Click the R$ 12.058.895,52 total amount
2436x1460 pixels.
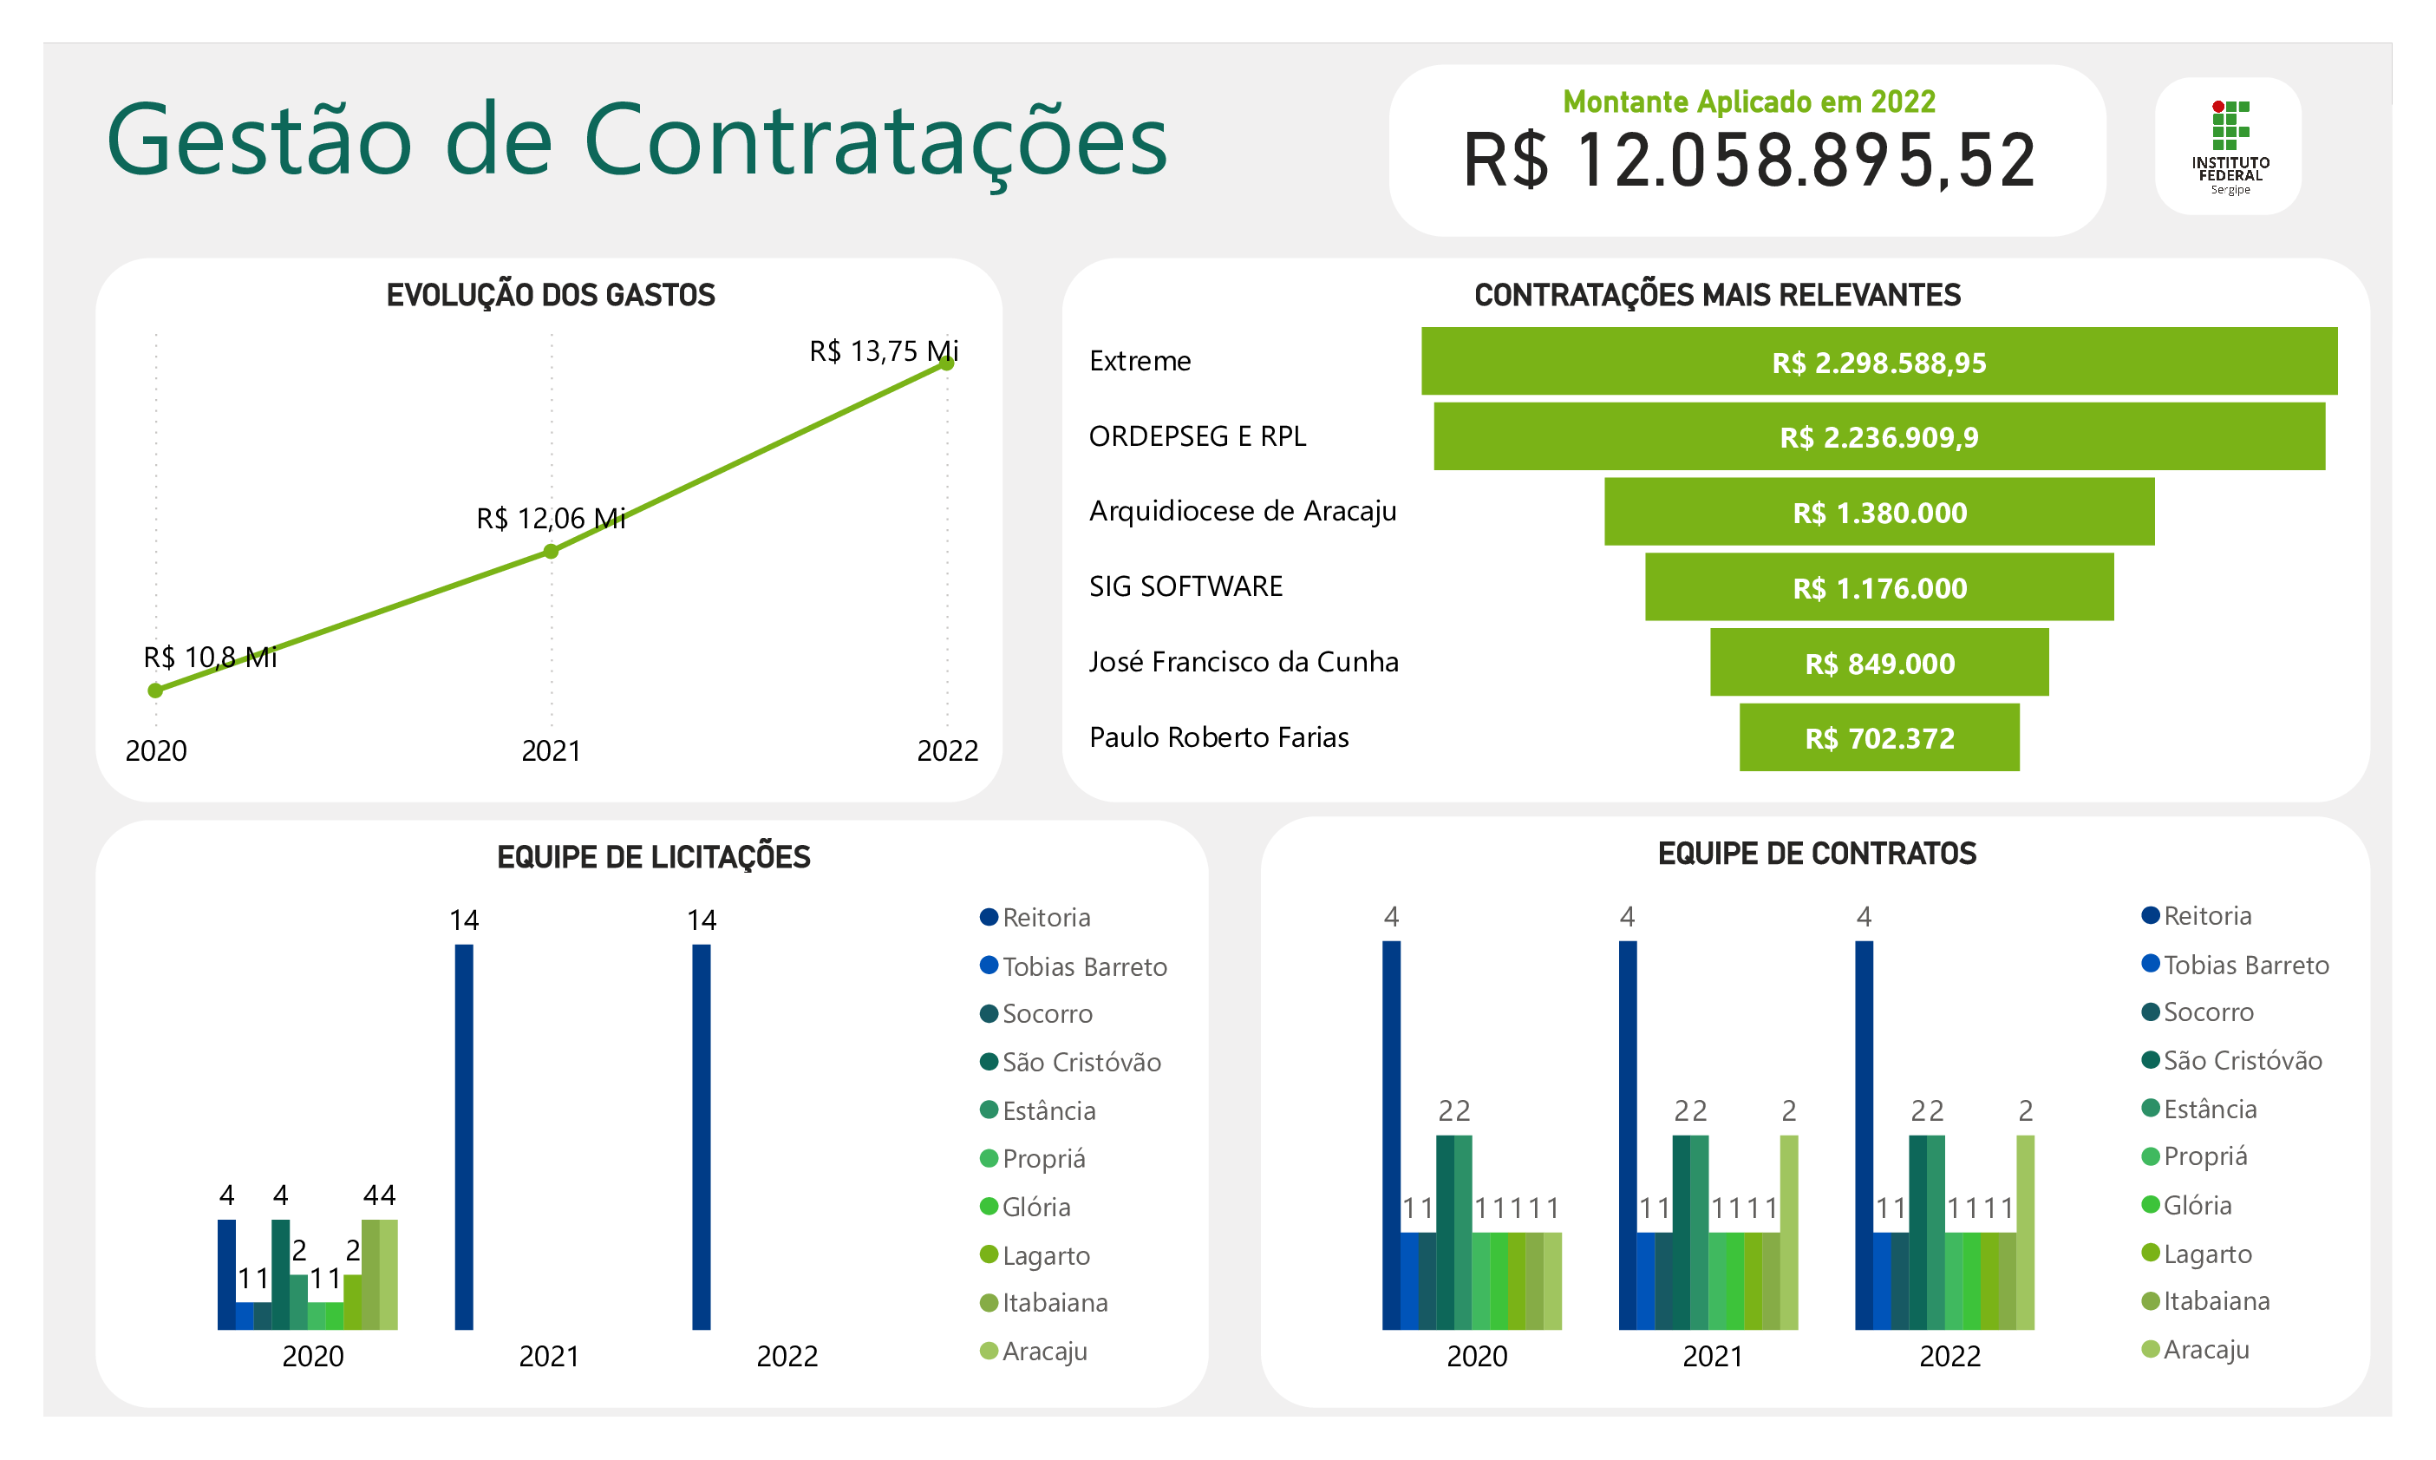coord(1747,160)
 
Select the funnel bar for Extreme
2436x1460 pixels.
coord(1878,361)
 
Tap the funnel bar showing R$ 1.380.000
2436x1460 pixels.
coord(1878,512)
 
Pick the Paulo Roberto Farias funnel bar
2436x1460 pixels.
coord(1878,737)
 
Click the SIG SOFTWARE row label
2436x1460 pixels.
coord(1185,586)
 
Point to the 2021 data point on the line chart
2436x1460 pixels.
coord(551,552)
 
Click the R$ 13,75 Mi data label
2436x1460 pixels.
coord(882,351)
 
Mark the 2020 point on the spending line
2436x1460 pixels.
coord(155,691)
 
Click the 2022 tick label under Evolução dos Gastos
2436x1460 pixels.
coord(947,750)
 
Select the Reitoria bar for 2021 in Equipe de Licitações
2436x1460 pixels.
coord(464,1136)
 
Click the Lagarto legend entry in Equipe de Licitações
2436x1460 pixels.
coord(1044,1255)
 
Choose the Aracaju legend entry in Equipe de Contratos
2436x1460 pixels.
coord(2205,1350)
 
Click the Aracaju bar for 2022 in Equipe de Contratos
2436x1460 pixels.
coord(2025,1232)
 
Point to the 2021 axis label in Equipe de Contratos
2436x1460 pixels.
coord(1712,1356)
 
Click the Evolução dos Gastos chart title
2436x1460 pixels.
coord(551,295)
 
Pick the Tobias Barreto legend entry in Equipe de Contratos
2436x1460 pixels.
coord(2244,966)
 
